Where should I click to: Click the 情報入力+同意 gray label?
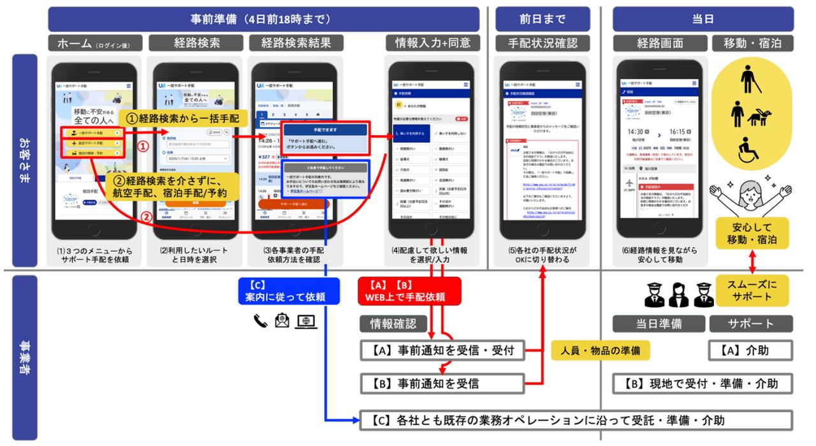432,43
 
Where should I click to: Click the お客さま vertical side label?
24,160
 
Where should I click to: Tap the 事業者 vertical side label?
24,358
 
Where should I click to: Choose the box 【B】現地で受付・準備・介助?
703,383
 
